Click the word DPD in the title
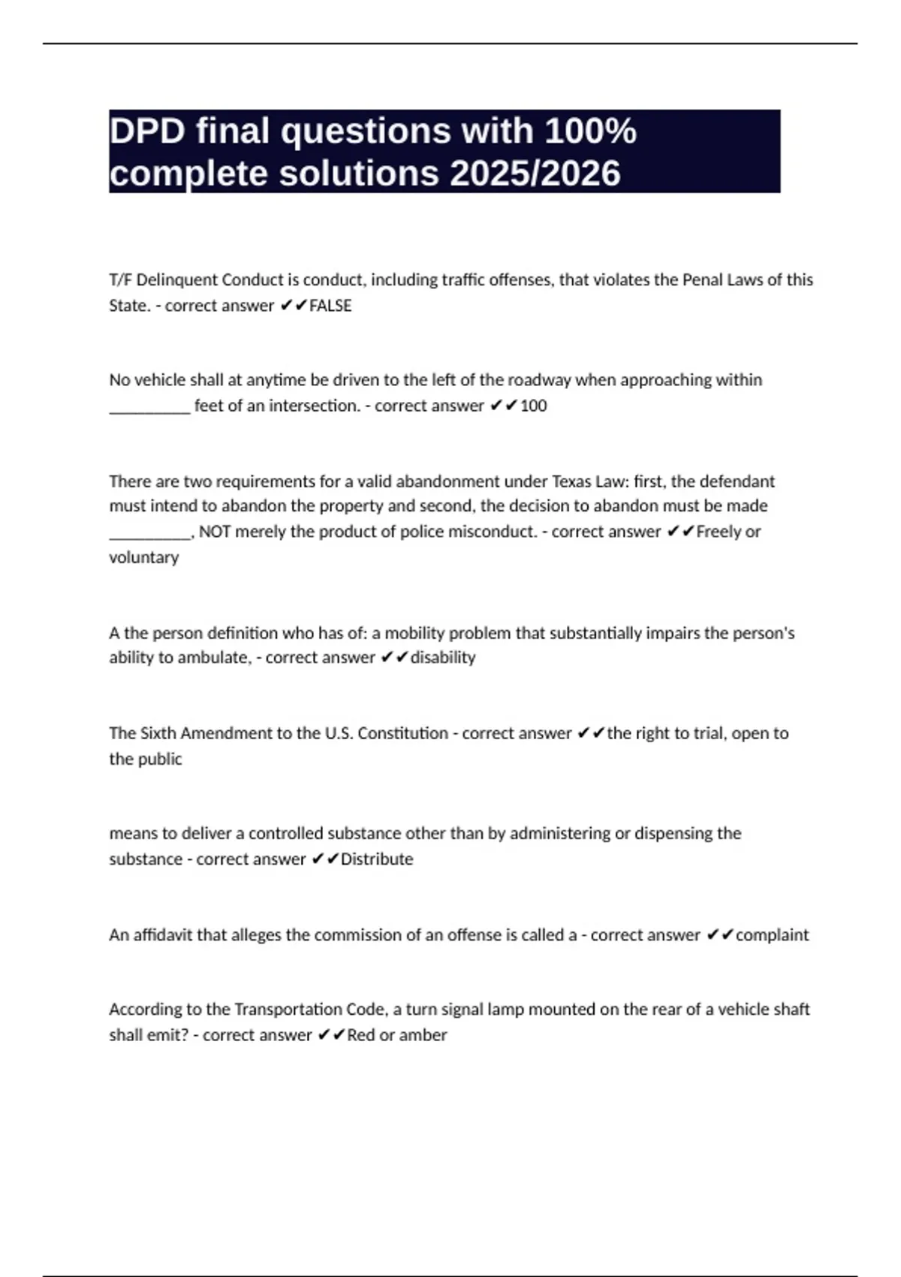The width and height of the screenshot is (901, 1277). pyautogui.click(x=147, y=131)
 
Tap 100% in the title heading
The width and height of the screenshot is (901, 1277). pyautogui.click(x=590, y=131)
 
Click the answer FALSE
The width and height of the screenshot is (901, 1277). pyautogui.click(x=330, y=306)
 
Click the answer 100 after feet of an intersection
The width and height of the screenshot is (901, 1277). pyautogui.click(x=533, y=406)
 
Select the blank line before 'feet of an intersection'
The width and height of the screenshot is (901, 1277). pyautogui.click(x=149, y=407)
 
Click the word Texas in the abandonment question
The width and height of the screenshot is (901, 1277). pyautogui.click(x=572, y=481)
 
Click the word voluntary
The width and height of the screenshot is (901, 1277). pyautogui.click(x=143, y=557)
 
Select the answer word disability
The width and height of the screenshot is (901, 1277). pyautogui.click(x=443, y=657)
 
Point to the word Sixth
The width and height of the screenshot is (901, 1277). pyautogui.click(x=158, y=733)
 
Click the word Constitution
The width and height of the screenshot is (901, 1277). pyautogui.click(x=402, y=733)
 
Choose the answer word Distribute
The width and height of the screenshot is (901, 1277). pyautogui.click(x=377, y=859)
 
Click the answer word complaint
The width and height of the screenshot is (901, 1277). pyautogui.click(x=772, y=935)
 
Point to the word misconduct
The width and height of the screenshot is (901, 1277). pyautogui.click(x=493, y=532)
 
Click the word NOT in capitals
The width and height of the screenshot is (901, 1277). pyautogui.click(x=215, y=532)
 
